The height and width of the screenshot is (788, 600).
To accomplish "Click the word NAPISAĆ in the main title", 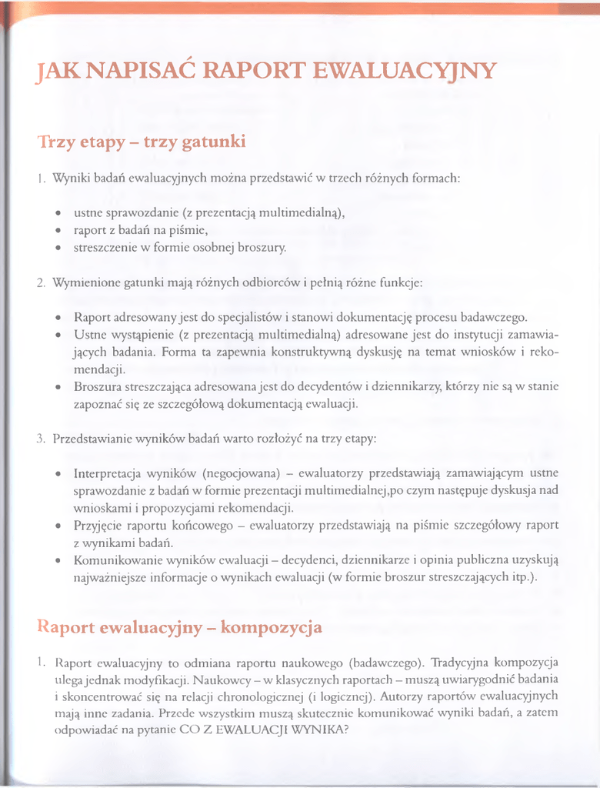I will (125, 72).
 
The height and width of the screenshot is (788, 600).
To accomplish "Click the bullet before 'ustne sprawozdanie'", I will (58, 212).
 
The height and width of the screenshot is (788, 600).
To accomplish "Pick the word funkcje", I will (400, 282).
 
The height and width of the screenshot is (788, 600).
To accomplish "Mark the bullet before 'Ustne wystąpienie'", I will (58, 336).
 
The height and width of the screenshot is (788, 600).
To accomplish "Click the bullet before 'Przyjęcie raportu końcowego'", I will (58, 526).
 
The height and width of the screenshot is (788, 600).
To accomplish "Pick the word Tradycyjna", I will (459, 662).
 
